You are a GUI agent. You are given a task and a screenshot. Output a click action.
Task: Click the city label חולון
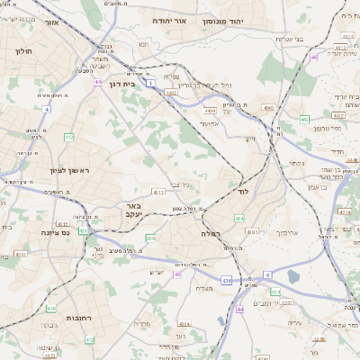[x=23, y=51]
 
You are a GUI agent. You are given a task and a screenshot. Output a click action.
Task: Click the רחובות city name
[x=79, y=342]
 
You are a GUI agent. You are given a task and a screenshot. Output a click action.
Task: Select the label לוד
[x=244, y=193]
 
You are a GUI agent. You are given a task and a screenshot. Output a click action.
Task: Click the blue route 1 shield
[x=151, y=84]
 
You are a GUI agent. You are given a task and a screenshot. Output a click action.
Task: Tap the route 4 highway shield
[x=46, y=109]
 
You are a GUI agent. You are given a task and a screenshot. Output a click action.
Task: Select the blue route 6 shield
[x=266, y=274]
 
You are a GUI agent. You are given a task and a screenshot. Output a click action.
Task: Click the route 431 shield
[x=225, y=282]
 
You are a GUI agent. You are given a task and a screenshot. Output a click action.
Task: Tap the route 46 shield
[x=314, y=57]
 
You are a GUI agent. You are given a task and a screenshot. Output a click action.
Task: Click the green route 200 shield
[x=149, y=238]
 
